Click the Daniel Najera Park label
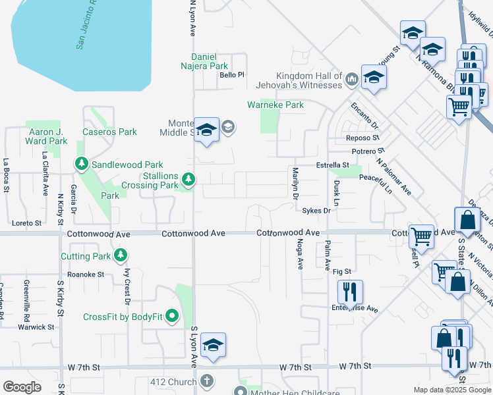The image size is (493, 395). pos(209,61)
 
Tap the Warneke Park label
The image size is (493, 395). pos(275,105)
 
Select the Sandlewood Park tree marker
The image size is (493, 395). pos(82,163)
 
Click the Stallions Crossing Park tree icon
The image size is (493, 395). pos(189,179)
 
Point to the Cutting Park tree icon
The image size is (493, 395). pos(120,255)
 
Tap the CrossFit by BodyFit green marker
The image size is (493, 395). pos(173,317)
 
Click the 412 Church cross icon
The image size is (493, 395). pos(208,381)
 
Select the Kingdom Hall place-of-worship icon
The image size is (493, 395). pos(351,80)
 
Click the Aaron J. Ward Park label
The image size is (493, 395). pos(46,136)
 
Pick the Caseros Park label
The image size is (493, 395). pos(109,132)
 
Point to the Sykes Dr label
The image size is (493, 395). pos(316,211)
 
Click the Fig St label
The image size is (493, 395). pos(342,271)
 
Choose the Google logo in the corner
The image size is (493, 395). pos(22,386)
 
